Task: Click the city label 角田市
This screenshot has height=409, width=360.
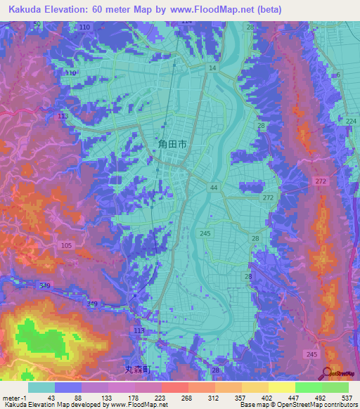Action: coord(172,143)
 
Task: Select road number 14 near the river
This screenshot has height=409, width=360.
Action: coord(212,67)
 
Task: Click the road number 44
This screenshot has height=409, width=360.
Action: coord(213,188)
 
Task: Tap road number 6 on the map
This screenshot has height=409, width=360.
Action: coord(337,75)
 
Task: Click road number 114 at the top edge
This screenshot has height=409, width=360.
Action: coord(186,22)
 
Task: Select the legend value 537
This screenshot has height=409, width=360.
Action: coord(347,398)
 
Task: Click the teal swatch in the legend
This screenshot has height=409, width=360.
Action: coord(41,387)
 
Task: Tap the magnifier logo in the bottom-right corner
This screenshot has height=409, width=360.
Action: coord(326,373)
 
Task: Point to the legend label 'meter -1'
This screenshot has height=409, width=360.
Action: coord(14,398)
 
